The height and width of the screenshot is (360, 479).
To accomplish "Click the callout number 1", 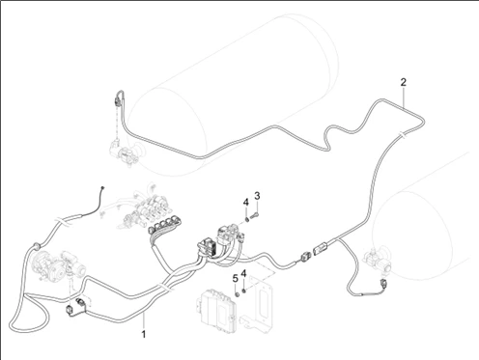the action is click(x=144, y=334).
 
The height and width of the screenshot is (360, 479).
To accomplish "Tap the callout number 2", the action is click(x=404, y=82).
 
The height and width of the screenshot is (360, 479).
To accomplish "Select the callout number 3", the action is click(x=257, y=196).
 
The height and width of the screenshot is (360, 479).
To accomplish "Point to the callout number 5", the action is click(x=236, y=279).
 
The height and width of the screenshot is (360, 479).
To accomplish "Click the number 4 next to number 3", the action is click(x=246, y=203).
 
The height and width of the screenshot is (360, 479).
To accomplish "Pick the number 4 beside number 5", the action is click(x=243, y=274).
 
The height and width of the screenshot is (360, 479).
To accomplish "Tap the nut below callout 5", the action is click(x=237, y=294).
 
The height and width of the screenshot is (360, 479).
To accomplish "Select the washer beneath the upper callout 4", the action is click(x=247, y=219).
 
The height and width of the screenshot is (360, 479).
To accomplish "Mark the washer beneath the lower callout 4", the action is click(x=243, y=291).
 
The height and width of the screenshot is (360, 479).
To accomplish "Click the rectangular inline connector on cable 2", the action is click(x=321, y=249).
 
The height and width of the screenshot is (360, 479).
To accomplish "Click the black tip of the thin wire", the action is click(x=102, y=188).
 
